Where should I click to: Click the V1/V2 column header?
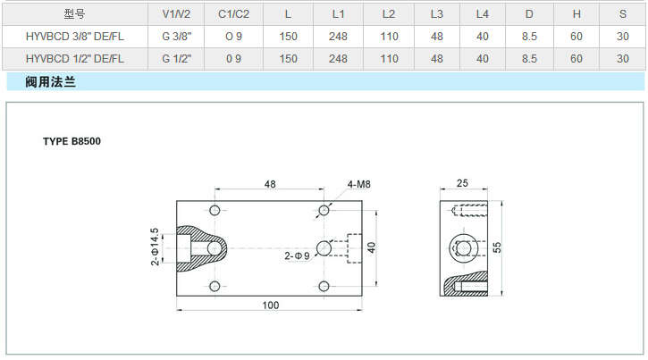coord(176,13)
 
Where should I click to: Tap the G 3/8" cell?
coord(176,36)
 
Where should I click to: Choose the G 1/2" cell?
coord(176,58)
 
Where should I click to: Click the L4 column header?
coord(483,13)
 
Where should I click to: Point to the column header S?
coord(622,13)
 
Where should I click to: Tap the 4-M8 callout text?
coord(359,186)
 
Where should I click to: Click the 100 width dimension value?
coord(271,305)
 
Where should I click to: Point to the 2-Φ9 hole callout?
coord(297,255)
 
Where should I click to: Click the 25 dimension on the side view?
coord(461,183)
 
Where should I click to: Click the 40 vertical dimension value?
coord(373,247)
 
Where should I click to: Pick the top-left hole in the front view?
coord(215,210)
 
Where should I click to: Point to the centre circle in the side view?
coord(462,247)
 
